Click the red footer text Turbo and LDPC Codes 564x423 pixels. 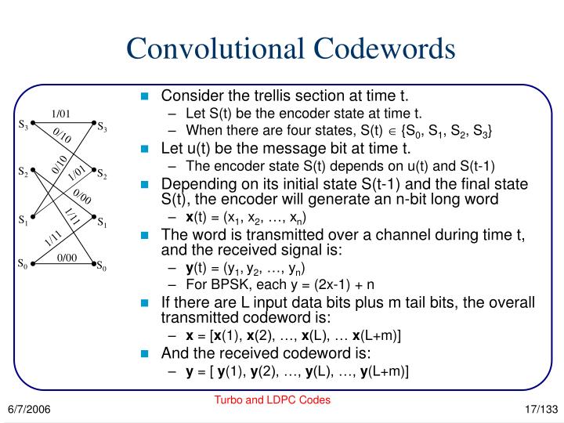273,399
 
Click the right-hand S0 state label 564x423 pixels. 102,269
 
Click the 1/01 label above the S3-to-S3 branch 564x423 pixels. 61,114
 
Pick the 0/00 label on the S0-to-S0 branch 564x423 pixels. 67,258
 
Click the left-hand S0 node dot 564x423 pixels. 34,265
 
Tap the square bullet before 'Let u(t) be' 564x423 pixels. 144,147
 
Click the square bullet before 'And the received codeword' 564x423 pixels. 144,353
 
